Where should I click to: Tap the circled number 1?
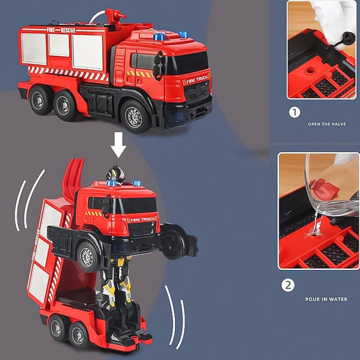[x=294, y=112]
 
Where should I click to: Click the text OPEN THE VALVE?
[x=327, y=124]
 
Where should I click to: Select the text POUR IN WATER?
[x=326, y=299]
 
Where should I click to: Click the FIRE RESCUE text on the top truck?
[x=61, y=30]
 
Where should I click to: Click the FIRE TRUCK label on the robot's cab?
[x=142, y=220]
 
